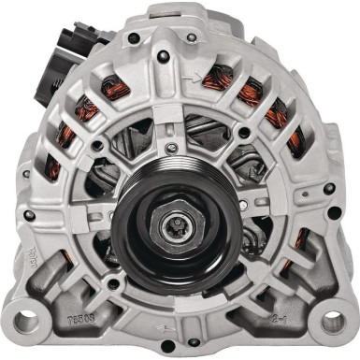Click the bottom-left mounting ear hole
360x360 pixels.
[x=25, y=323]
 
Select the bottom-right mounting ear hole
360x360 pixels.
[x=333, y=323]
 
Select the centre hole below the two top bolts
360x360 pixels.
[x=166, y=57]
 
